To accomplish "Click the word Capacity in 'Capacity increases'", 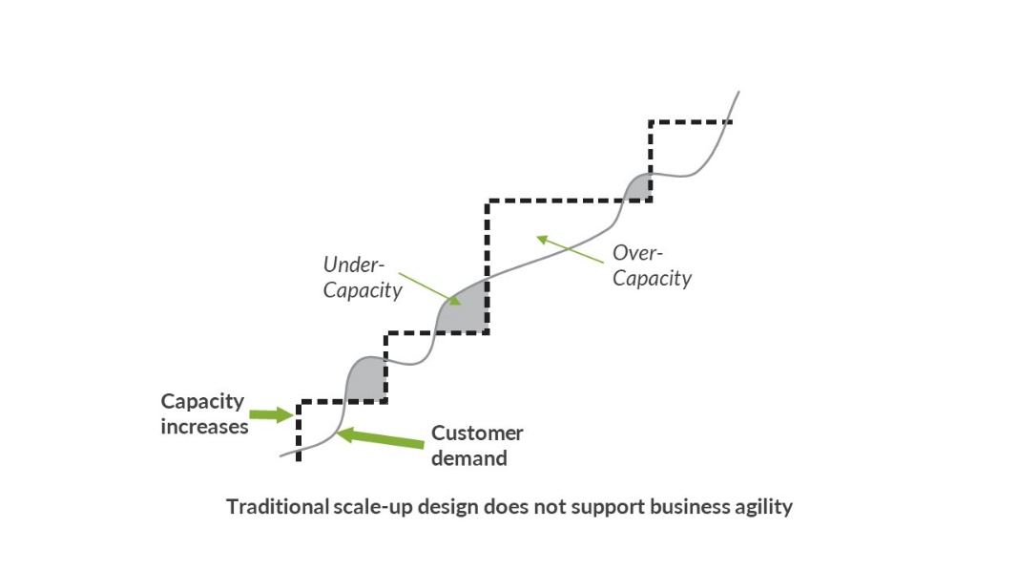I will click(x=202, y=401).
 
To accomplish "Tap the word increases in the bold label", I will click(x=204, y=426).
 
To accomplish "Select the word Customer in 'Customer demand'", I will click(x=477, y=433).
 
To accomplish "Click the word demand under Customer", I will click(x=468, y=457).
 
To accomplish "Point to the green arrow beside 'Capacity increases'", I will click(x=271, y=413).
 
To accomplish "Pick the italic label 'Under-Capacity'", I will click(x=362, y=277).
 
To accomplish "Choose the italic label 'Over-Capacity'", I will click(x=652, y=265).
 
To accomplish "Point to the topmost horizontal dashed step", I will click(x=689, y=121).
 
